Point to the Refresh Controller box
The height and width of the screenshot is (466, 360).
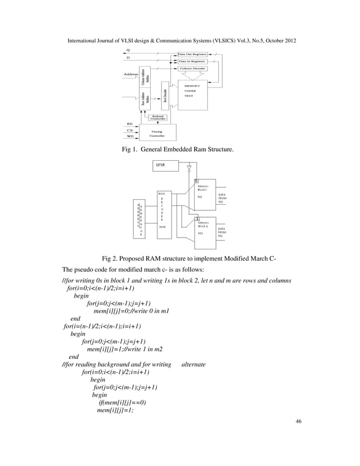point(158,118)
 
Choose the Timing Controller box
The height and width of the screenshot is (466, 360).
point(156,133)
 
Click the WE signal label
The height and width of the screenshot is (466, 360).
point(130,137)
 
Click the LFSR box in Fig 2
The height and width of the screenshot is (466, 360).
point(164,166)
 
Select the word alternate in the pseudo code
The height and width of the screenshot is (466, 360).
point(194,364)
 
